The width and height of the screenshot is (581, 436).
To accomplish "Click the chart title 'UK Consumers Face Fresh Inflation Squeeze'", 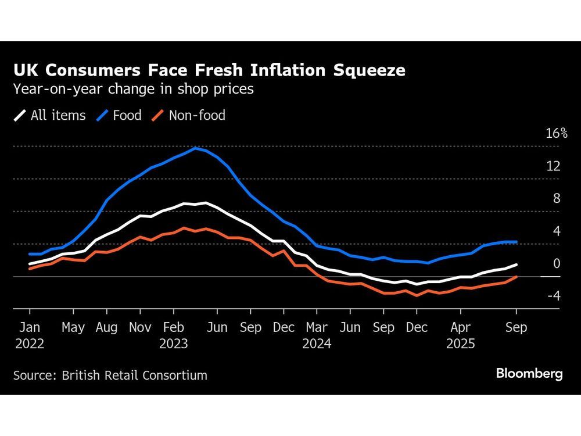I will tap(209, 70).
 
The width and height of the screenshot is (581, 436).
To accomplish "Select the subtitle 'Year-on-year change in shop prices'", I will tap(134, 90).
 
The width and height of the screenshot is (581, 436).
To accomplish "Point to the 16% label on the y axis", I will tap(557, 133).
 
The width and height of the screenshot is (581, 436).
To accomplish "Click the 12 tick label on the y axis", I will tap(553, 166).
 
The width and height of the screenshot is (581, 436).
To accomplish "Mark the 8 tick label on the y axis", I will tap(557, 199).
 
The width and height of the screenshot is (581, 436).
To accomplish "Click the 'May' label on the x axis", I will tap(73, 328).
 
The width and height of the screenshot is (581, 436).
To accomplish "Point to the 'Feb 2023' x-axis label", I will tap(174, 335).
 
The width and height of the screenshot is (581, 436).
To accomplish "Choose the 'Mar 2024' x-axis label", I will tap(317, 335).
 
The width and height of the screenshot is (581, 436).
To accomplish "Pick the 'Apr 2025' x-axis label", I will tap(461, 335).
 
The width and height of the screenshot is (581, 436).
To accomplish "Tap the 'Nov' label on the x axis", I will tap(140, 328).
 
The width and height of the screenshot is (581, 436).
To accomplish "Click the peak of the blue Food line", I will tap(195, 148).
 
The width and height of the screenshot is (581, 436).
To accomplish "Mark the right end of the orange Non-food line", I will tap(517, 277).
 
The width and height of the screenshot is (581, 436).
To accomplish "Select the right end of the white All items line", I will tap(517, 265).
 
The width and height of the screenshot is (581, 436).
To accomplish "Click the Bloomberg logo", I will tap(529, 373).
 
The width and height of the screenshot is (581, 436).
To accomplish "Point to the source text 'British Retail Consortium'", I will tap(134, 375).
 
